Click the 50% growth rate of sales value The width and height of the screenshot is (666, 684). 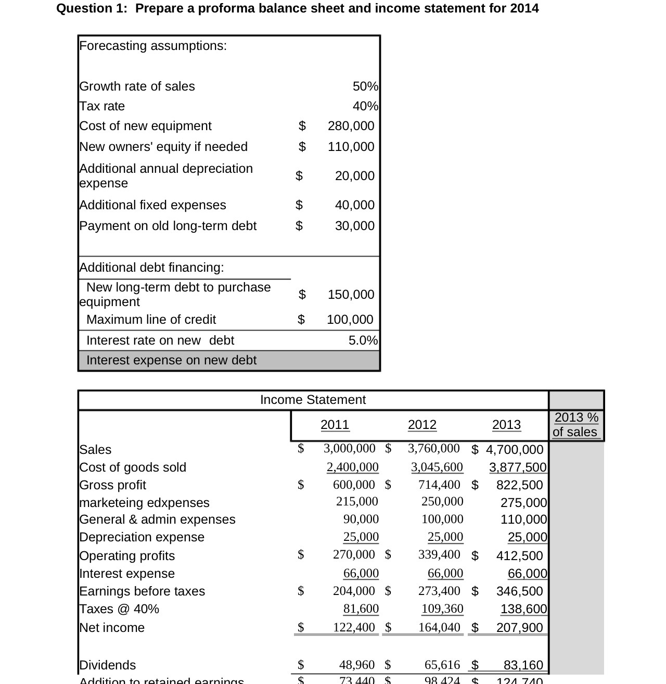365,86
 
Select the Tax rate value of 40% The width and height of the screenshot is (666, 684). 365,106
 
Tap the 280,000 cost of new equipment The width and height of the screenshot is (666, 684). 351,126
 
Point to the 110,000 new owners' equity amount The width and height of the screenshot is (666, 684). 351,147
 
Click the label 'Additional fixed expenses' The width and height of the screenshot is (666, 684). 152,205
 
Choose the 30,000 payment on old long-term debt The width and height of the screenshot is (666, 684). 354,226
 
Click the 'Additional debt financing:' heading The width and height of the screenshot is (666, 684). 151,268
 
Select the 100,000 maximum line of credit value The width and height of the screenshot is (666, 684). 350,320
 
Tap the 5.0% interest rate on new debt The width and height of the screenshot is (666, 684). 363,340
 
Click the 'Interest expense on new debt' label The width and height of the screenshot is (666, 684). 171,360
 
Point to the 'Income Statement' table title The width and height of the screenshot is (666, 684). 313,400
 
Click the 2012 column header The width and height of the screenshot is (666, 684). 422,425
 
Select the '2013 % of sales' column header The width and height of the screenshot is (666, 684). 575,425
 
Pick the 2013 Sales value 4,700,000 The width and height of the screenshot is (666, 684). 514,450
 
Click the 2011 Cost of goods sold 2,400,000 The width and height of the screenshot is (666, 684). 352,467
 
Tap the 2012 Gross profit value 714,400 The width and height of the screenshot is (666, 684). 439,485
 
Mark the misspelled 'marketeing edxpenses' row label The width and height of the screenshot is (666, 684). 144,503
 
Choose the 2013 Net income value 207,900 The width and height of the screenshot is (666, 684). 519,628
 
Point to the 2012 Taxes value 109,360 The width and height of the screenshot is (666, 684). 442,609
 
